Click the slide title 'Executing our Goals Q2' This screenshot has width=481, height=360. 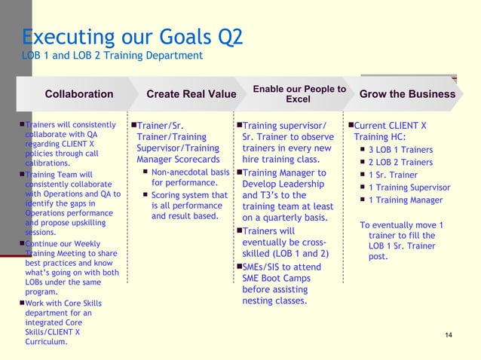(132, 38)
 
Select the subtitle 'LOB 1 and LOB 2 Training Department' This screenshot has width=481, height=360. (112, 56)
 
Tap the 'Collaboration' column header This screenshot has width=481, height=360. (79, 94)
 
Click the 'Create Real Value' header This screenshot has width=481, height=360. (191, 94)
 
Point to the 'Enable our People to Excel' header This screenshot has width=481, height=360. (299, 94)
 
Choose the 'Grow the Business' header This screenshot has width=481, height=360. (407, 94)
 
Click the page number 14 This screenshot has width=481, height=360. (449, 334)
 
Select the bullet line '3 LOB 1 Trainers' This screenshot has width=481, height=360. (400, 150)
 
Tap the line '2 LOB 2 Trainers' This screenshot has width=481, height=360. (400, 163)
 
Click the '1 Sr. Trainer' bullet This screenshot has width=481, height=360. (393, 175)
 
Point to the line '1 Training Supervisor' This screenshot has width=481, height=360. (409, 188)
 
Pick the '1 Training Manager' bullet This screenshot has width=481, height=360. (405, 200)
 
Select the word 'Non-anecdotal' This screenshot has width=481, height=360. (185, 172)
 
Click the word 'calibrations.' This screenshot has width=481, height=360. (48, 163)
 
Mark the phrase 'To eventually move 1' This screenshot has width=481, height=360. (401, 225)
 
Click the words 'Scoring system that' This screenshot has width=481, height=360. (189, 195)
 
